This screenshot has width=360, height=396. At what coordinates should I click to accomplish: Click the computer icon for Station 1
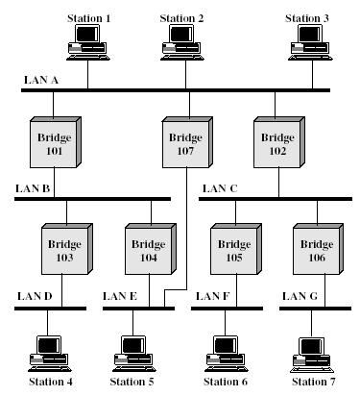[87, 44]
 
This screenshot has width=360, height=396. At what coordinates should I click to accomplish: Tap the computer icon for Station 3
[306, 44]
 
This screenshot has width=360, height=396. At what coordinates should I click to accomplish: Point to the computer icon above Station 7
[313, 353]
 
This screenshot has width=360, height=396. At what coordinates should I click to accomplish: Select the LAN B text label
[32, 189]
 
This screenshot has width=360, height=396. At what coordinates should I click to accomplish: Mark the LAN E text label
[120, 298]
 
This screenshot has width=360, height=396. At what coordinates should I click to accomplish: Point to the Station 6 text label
[224, 383]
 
